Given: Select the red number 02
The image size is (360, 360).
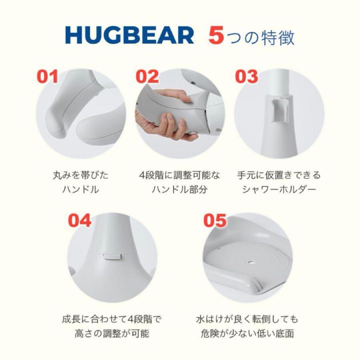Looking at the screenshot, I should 147,76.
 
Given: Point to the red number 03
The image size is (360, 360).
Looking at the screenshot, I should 247,76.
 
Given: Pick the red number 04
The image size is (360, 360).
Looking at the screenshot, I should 80,220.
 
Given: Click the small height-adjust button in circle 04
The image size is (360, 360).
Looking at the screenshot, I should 111,257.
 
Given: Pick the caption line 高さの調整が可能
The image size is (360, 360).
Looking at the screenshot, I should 112,333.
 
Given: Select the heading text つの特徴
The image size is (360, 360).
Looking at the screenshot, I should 261,38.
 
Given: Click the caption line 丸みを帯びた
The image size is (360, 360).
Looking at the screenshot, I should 81,175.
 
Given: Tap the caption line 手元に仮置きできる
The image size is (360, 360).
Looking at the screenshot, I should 279,175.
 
